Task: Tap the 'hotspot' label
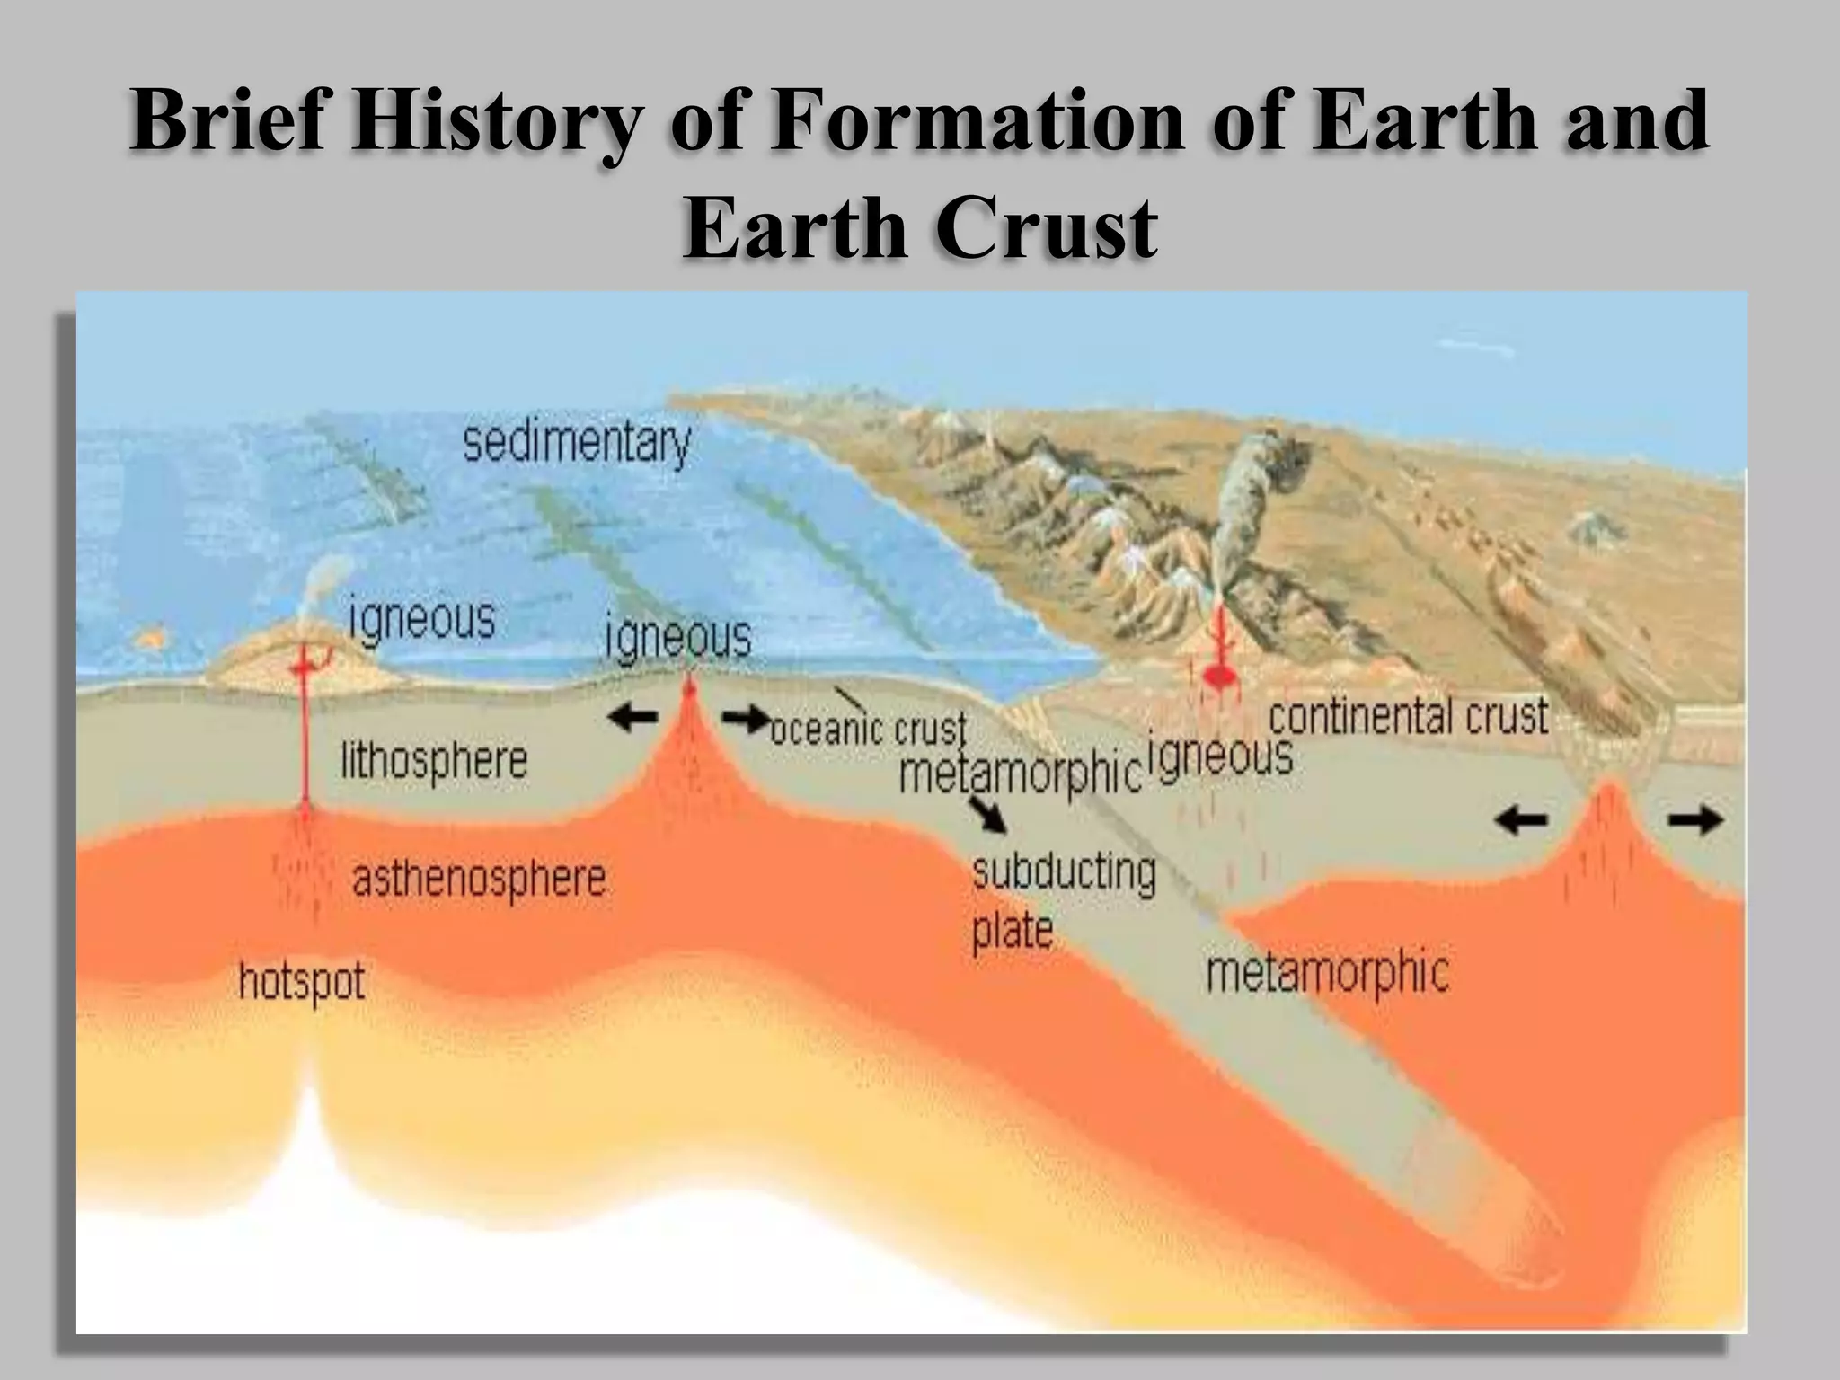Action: pyautogui.click(x=302, y=981)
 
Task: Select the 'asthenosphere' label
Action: pyautogui.click(x=479, y=879)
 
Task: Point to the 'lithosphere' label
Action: pyautogui.click(x=433, y=761)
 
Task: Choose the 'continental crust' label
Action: pyautogui.click(x=1408, y=717)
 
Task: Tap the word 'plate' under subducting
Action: pyautogui.click(x=1012, y=929)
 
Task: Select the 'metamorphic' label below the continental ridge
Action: pyautogui.click(x=1327, y=972)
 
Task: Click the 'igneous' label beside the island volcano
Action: pyautogui.click(x=421, y=619)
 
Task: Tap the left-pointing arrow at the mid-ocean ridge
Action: pyautogui.click(x=632, y=717)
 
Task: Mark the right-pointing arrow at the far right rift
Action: pyautogui.click(x=1695, y=819)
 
